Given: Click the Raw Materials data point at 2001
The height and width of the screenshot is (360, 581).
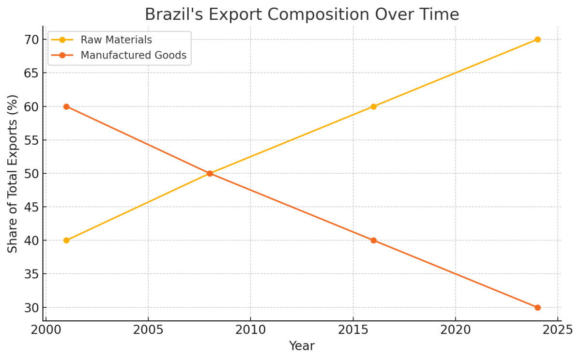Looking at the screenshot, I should (x=66, y=240).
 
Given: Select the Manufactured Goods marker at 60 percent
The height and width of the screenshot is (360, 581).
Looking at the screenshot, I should (x=66, y=106).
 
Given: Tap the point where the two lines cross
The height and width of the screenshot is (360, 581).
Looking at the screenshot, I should (x=210, y=173).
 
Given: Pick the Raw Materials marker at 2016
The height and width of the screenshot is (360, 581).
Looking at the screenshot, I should (x=373, y=106).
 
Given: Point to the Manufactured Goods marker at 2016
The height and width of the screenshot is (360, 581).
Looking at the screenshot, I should (x=373, y=240).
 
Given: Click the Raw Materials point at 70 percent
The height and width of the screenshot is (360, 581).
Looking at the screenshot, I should (x=537, y=39).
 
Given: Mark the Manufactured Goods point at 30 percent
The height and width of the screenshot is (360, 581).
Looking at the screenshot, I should (x=537, y=307).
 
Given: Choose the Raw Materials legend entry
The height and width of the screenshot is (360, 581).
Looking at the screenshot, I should (x=116, y=40).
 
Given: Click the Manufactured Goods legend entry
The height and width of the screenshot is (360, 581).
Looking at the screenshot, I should (x=133, y=55).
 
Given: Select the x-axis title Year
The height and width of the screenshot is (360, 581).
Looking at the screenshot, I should (x=302, y=346).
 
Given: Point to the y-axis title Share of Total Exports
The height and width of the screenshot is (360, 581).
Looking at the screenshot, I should (x=13, y=173).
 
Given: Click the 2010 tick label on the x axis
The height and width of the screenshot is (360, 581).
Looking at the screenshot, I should (x=250, y=330).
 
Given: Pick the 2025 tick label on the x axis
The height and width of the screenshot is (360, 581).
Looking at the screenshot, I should (x=557, y=330).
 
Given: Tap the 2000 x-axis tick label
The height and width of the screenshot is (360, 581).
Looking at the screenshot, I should (x=46, y=330).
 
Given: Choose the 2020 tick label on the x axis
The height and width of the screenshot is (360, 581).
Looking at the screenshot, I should (x=455, y=330).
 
